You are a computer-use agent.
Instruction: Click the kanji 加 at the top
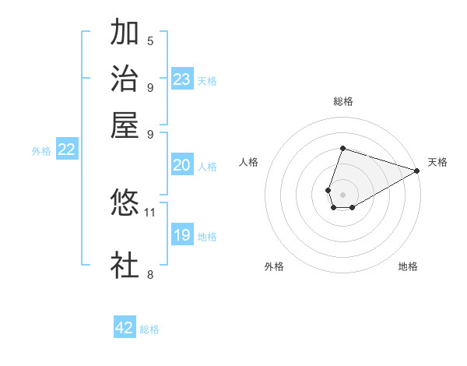coord(125,34)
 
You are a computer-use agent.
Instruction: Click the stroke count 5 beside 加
coord(150,41)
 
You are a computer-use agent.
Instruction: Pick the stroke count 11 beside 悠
coord(150,211)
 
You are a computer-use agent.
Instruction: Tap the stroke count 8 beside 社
coord(150,273)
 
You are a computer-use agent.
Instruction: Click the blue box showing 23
coord(182,79)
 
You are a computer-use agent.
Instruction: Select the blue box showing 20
coord(182,165)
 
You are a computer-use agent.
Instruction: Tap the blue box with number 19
coord(182,235)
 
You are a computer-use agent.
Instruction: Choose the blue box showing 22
coord(66,150)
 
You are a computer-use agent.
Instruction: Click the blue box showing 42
coord(125,328)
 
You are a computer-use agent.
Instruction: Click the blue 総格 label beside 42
coord(149,329)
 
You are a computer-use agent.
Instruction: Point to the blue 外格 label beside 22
coord(41,151)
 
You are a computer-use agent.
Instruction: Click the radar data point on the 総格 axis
coord(342,148)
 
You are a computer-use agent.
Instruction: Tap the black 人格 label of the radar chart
coord(249,162)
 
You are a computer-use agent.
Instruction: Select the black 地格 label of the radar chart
coord(408,266)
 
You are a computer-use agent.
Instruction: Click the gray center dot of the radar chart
coord(342,194)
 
